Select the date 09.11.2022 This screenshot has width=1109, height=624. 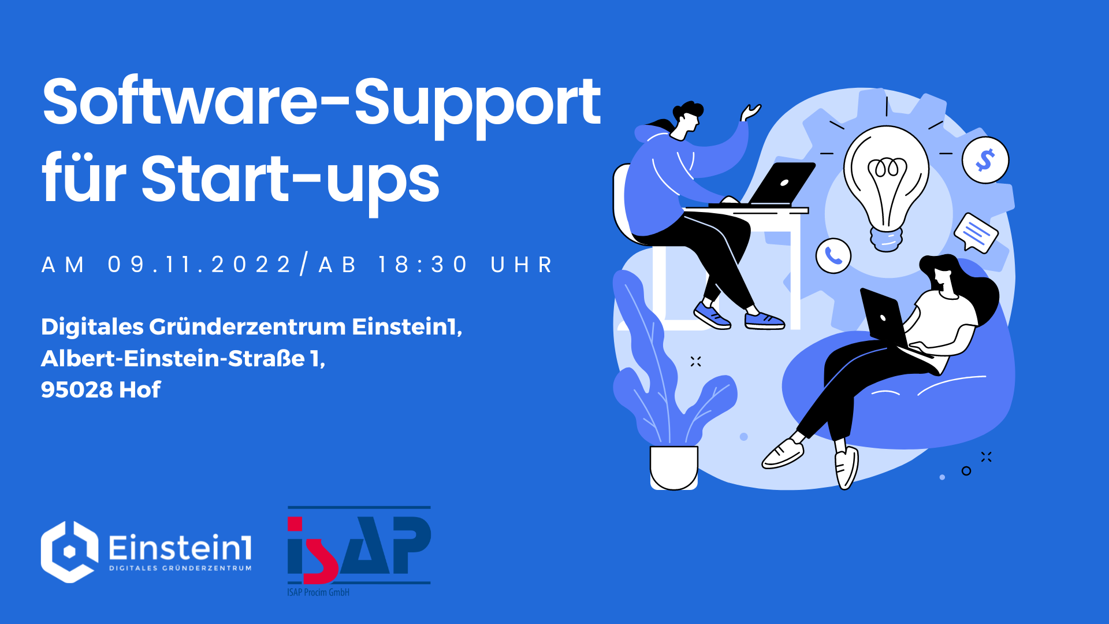click(x=199, y=265)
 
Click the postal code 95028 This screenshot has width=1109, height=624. click(x=77, y=390)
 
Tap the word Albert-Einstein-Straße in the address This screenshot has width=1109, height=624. click(x=173, y=358)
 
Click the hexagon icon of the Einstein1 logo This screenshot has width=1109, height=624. click(x=69, y=552)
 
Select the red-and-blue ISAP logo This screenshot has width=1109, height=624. click(x=359, y=546)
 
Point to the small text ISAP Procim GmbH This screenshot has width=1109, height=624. click(x=318, y=592)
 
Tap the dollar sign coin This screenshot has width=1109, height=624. click(x=985, y=160)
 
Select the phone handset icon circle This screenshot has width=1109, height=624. click(x=833, y=255)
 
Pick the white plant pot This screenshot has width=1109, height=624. click(x=674, y=467)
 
